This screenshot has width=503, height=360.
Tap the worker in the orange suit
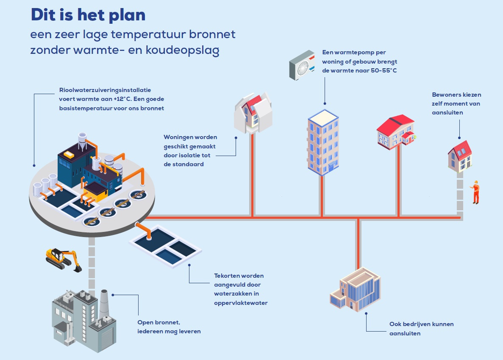point(476,192)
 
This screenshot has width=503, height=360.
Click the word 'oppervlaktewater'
point(241,303)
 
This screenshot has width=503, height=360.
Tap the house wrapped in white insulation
point(253,112)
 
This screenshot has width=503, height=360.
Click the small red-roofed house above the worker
point(460,156)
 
